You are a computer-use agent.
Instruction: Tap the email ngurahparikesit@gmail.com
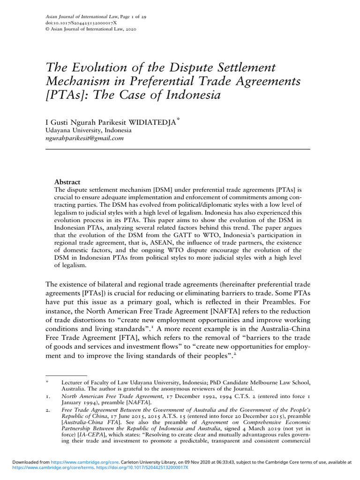84,138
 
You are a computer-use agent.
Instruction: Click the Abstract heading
67,182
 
